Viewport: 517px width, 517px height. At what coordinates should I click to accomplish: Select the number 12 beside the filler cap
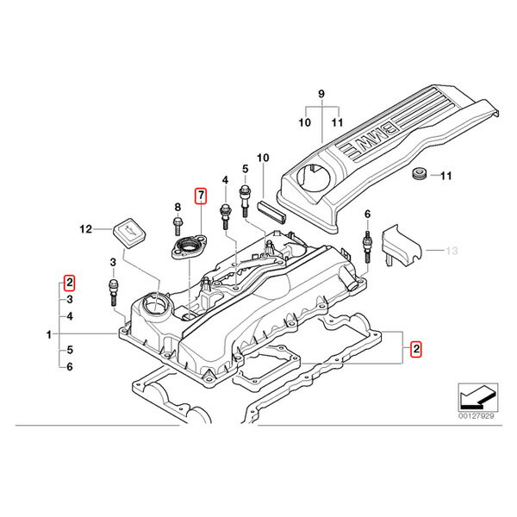[x=85, y=229]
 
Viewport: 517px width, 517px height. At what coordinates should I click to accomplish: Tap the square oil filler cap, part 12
[x=127, y=233]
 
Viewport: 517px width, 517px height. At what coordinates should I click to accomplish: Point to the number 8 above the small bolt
[x=177, y=207]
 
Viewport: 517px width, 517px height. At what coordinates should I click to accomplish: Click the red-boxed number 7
[x=201, y=196]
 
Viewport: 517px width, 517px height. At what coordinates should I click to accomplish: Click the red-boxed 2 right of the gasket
[x=416, y=350]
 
